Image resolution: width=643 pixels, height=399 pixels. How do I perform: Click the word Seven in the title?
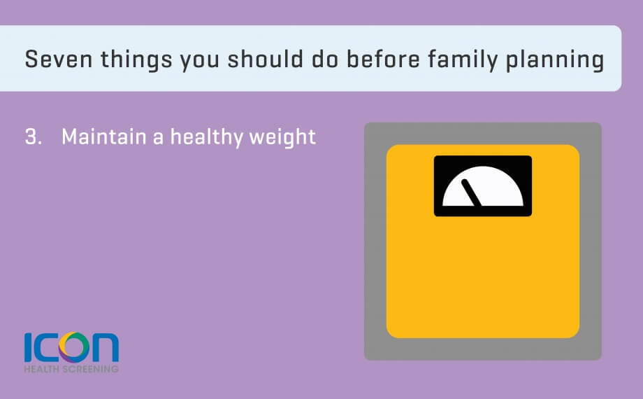59,59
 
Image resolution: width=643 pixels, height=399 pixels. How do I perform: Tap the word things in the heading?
136,60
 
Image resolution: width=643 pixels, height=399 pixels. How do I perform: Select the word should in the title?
266,59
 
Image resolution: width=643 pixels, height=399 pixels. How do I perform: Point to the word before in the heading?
384,59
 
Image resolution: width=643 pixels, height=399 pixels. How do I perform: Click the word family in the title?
463,60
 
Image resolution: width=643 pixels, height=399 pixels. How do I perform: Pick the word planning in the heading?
555,60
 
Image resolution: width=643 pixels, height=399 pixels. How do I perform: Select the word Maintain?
103,136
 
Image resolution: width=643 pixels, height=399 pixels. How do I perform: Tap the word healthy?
207,137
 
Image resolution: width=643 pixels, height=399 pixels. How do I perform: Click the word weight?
282,137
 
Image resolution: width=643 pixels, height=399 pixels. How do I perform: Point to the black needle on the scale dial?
472,192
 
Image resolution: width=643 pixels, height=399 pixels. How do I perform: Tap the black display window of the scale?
483,160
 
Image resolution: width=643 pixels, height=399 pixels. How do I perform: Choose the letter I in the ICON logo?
28,347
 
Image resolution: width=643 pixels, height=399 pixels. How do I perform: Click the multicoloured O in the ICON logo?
74,347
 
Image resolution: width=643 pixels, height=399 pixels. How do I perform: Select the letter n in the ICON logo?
105,348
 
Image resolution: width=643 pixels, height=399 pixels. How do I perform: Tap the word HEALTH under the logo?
42,369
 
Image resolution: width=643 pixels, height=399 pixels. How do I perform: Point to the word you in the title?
200,62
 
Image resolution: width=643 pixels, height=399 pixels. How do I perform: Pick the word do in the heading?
325,59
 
